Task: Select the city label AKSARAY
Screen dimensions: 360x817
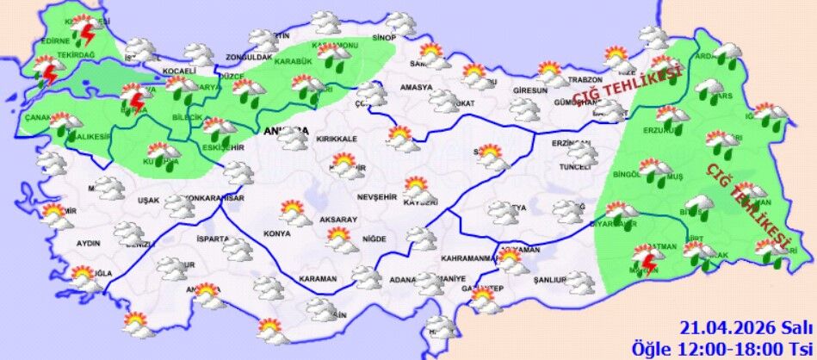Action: coord(337,220)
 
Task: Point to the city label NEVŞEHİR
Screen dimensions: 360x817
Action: coord(375,196)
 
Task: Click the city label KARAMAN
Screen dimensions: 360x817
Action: coord(318,279)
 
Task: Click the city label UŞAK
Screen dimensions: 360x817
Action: coord(149,201)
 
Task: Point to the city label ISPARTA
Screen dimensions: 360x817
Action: coord(213,239)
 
